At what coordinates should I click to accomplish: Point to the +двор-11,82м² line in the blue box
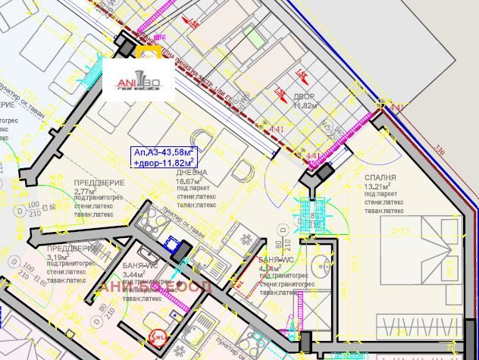coord(164,161)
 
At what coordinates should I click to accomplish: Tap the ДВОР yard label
coord(305,98)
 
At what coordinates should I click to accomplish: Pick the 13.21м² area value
coord(377,186)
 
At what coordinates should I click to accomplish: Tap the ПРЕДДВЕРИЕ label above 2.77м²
coord(96,183)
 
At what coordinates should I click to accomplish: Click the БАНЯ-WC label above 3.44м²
coord(140,266)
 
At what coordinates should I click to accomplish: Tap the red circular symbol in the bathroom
coord(159,337)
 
